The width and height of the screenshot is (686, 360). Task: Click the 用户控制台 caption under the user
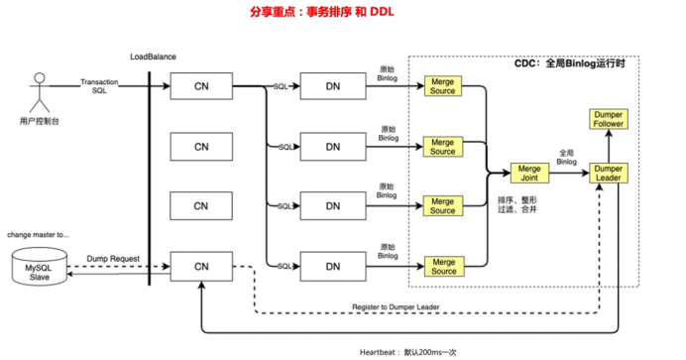click(x=40, y=121)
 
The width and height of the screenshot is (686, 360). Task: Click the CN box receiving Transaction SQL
click(x=200, y=87)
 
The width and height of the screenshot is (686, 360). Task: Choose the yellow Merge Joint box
click(x=528, y=174)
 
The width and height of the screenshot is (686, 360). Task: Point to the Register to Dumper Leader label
click(x=395, y=307)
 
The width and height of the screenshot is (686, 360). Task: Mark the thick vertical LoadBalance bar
click(x=150, y=179)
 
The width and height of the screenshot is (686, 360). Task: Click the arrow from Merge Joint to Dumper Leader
click(x=568, y=174)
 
